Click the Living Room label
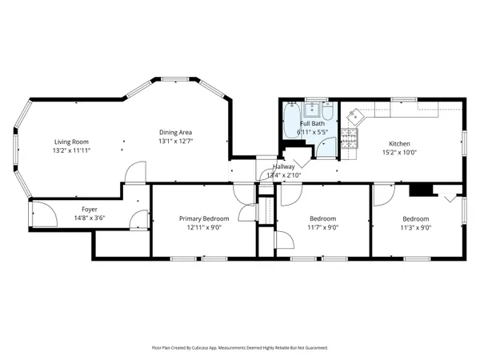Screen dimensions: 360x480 [69, 141]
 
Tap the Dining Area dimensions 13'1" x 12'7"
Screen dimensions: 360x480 [175, 141]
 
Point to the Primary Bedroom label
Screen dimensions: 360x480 [204, 218]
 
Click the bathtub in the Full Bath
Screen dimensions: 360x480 [289, 126]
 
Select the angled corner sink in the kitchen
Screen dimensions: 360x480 [354, 117]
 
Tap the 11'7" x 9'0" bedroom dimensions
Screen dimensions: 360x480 [322, 227]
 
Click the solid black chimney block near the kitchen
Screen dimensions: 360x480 [418, 190]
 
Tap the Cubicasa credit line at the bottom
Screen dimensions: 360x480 [240, 348]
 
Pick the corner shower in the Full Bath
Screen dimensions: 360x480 [326, 145]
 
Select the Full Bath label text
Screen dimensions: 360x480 [311, 124]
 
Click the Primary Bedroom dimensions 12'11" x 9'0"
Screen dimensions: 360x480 [204, 227]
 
